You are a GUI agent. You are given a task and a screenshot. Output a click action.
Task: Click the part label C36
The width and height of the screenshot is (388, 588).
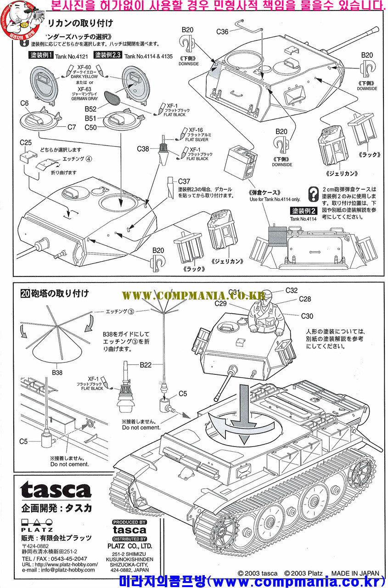coord(222,32)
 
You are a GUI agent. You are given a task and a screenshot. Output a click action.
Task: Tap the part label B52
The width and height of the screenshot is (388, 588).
coord(90,109)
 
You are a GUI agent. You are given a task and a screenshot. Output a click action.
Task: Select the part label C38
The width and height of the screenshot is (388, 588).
coord(143,149)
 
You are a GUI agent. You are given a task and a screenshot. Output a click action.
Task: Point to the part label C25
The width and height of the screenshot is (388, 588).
coord(26,143)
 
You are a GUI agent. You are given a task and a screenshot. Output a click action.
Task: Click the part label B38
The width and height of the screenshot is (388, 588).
coord(57,373)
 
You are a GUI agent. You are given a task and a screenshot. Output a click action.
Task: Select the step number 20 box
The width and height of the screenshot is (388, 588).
coord(26,293)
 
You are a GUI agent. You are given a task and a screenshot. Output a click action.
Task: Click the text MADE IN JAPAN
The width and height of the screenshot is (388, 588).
coord(355,573)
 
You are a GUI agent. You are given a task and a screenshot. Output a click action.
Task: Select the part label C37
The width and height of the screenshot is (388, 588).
coord(184,181)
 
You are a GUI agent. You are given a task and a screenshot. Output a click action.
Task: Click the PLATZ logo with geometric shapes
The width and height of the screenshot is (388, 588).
coord(37,526)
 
